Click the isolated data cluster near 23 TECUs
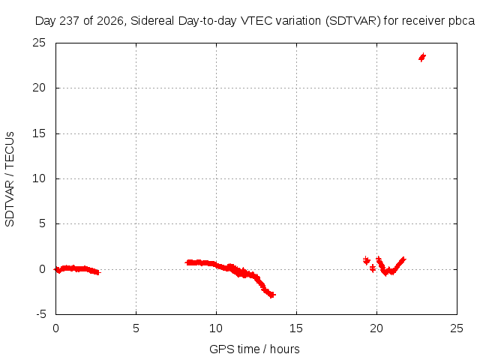[x=422, y=57]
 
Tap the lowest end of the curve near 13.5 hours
[x=271, y=295]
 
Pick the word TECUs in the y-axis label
[x=10, y=150]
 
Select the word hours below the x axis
[x=285, y=349]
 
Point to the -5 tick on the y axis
[x=41, y=314]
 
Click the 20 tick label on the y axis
[x=39, y=88]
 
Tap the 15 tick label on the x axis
[x=296, y=328]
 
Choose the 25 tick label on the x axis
[x=457, y=328]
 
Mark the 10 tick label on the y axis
[x=39, y=178]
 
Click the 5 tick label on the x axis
[x=136, y=328]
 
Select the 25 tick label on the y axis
[x=39, y=43]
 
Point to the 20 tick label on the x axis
[x=376, y=328]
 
